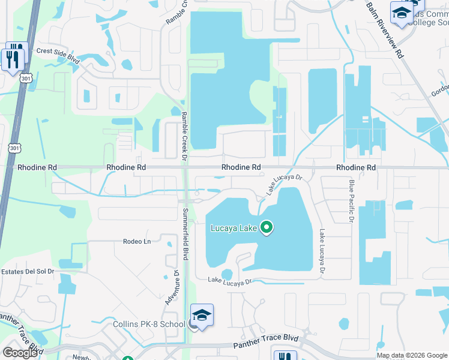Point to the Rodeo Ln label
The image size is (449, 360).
point(137,241)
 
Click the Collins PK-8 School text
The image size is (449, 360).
point(149,325)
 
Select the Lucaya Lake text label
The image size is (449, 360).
point(234,228)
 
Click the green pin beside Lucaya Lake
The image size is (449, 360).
point(267,227)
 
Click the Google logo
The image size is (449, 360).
point(20,353)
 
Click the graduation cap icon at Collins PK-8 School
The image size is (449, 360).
point(202,316)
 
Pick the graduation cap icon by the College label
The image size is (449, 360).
point(400,13)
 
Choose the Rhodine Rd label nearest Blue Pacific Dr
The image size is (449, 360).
point(356,167)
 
